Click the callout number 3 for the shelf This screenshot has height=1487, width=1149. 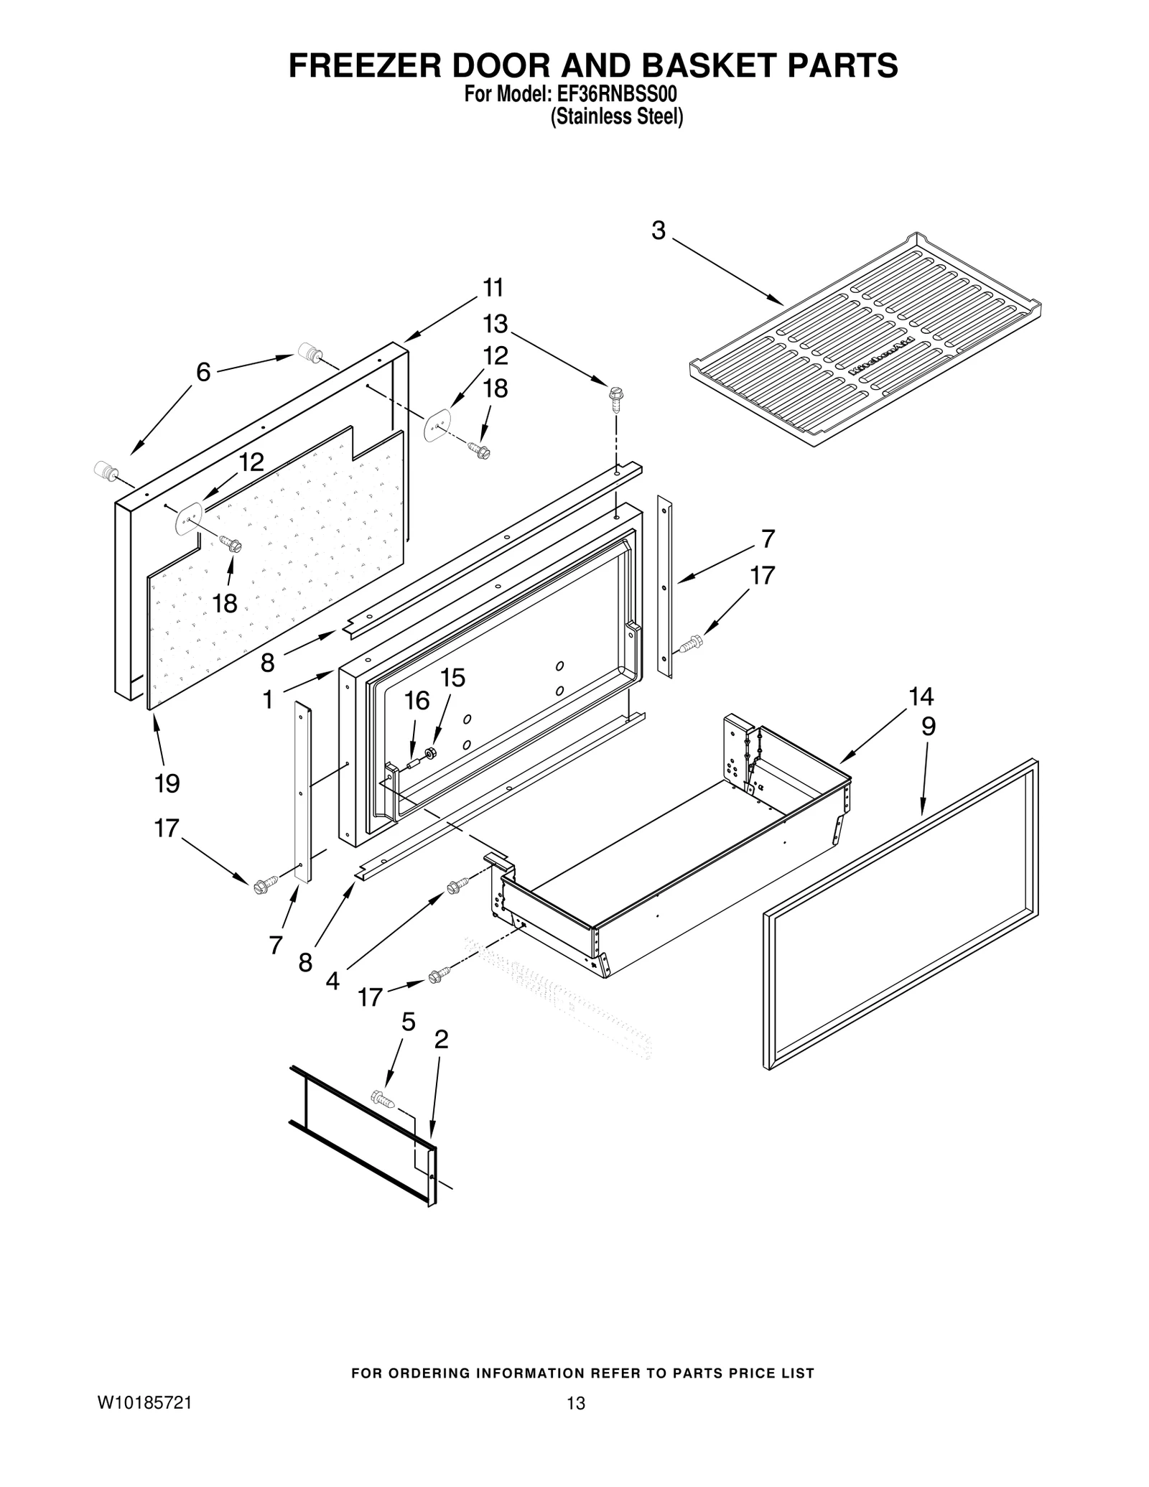point(659,230)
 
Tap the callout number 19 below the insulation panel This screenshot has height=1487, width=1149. point(167,783)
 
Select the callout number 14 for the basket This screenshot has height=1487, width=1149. point(921,696)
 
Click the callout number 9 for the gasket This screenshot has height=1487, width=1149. point(929,727)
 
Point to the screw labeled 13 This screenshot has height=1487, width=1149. point(615,397)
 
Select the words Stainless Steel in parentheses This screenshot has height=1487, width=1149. point(616,117)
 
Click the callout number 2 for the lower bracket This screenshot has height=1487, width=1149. point(441,1038)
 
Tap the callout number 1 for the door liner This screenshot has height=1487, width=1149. point(268,699)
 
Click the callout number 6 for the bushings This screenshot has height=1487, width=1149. point(204,372)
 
